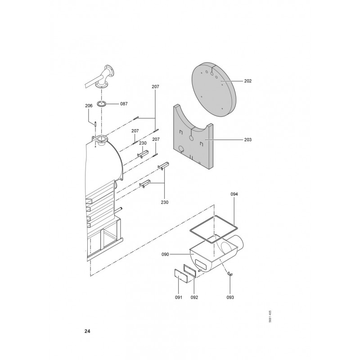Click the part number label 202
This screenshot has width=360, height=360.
point(248,81)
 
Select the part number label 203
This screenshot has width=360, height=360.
point(248,139)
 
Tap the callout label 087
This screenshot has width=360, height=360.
point(124,104)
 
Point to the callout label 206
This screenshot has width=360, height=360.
point(89,106)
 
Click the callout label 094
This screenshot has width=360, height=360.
point(234,194)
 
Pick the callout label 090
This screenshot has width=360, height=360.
point(165,254)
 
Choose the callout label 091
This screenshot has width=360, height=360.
point(178,297)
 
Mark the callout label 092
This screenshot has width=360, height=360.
point(194,297)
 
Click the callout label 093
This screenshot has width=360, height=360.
point(230,297)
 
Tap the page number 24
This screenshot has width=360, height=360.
point(87,331)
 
